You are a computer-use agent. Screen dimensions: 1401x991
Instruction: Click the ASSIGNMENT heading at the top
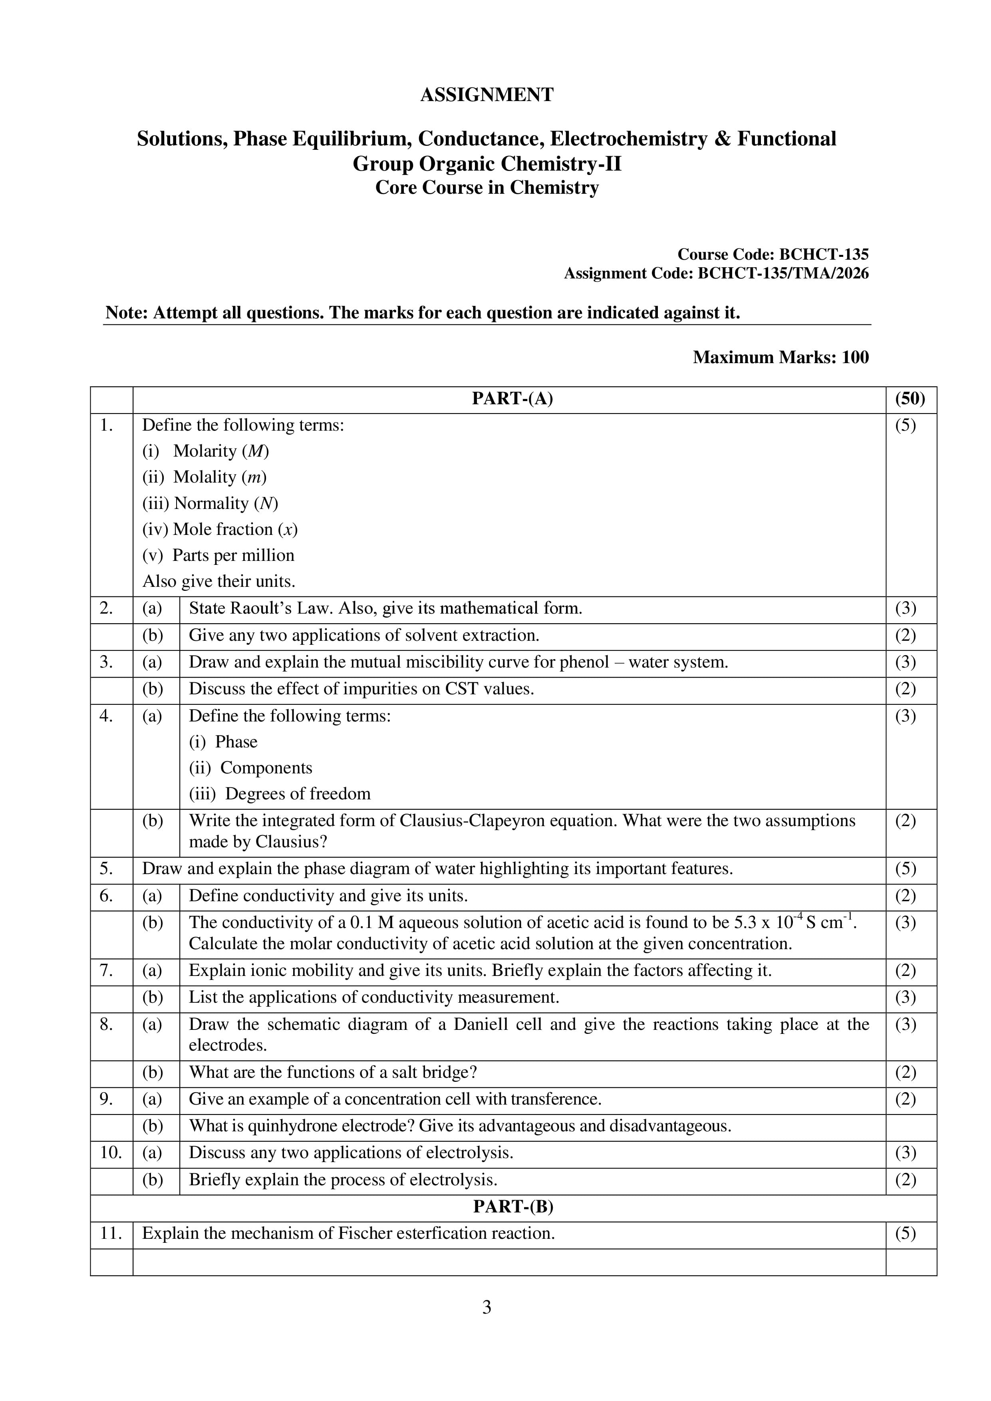click(x=487, y=95)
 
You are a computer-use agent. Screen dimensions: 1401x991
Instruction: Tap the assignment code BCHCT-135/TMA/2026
click(x=782, y=273)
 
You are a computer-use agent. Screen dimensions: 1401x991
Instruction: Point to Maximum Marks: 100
click(x=780, y=357)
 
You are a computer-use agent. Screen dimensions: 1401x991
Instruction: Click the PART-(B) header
click(x=512, y=1207)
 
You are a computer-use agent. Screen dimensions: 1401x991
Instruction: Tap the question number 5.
click(x=106, y=868)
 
